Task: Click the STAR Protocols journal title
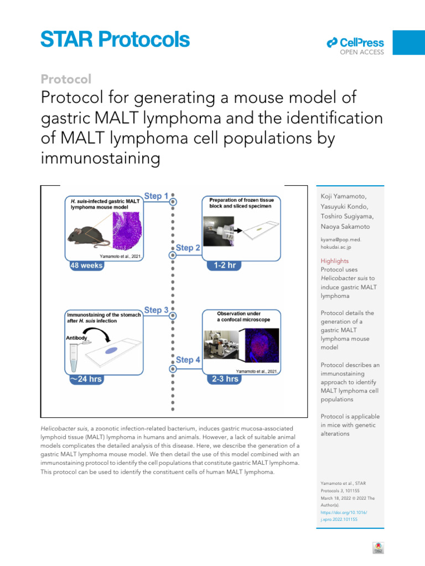pos(115,40)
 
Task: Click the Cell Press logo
pos(355,43)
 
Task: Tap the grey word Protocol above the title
pos(66,79)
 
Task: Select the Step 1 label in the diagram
pos(157,196)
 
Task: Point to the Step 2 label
pos(188,248)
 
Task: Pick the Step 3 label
pos(157,311)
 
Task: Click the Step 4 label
pos(188,360)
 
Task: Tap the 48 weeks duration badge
pos(86,265)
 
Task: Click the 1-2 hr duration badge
pos(224,265)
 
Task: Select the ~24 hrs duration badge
pos(86,379)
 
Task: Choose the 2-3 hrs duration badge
pos(224,379)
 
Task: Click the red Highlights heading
pos(335,261)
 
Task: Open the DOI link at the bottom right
pos(344,516)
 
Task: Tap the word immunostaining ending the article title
pos(101,159)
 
